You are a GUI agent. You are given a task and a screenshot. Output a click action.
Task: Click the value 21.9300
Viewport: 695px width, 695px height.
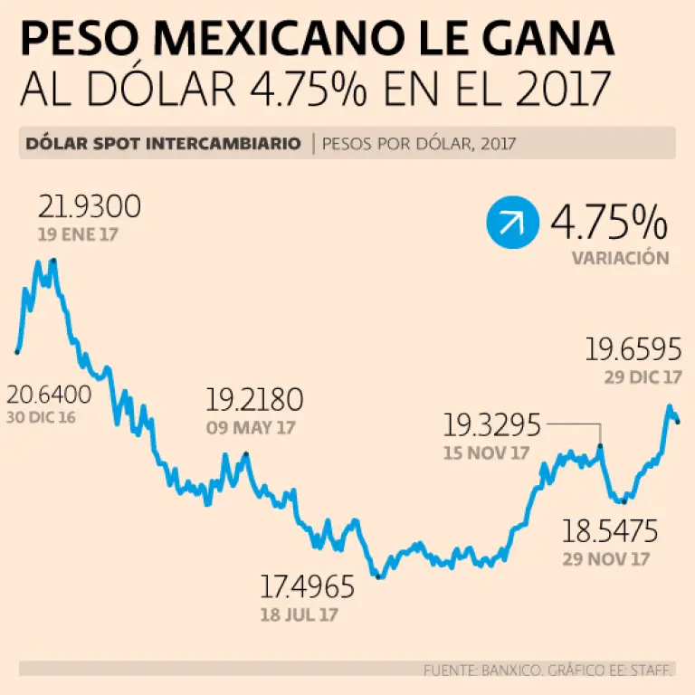89,208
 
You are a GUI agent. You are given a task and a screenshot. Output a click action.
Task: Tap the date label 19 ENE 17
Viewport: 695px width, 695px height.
78,235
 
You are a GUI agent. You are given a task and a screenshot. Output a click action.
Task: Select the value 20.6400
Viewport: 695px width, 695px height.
49,395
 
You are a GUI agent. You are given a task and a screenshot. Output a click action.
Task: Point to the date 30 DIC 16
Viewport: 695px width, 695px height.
42,418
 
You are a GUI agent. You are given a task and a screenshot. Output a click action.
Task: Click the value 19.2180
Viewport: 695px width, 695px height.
254,400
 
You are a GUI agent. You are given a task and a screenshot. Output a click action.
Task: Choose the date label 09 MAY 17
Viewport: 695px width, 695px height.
251,428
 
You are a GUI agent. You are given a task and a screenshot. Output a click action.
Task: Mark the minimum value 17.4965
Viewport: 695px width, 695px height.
308,588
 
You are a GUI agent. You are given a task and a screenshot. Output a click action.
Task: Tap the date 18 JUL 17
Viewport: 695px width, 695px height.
300,614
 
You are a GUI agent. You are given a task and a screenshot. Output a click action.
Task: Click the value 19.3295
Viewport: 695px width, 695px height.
491,424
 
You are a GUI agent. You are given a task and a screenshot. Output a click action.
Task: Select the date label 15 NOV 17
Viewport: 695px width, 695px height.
486,452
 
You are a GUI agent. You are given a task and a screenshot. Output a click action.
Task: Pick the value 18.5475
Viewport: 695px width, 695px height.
610,530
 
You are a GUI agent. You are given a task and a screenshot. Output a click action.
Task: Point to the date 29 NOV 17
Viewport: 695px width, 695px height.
605,558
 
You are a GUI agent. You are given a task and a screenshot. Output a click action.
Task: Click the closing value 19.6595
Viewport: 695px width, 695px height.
633,349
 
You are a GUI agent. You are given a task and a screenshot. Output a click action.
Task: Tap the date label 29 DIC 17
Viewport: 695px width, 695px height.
643,376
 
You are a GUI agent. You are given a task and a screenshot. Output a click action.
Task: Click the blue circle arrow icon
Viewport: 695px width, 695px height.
510,224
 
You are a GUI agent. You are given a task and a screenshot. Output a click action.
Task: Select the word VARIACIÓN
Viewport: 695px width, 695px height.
620,258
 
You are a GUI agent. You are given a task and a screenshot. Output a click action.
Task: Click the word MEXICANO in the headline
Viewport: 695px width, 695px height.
316,41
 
